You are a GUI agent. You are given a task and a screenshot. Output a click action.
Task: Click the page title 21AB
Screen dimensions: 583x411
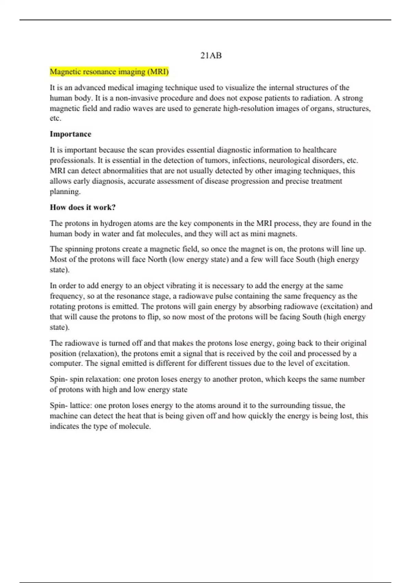pos(211,56)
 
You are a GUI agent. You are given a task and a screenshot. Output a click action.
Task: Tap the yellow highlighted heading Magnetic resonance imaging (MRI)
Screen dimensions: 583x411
pos(109,72)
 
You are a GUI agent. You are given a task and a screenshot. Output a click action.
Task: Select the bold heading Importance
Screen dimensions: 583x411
pos(71,134)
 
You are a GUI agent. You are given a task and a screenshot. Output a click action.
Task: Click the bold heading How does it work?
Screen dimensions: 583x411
pos(83,207)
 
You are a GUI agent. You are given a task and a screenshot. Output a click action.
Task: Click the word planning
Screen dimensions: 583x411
pos(65,192)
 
